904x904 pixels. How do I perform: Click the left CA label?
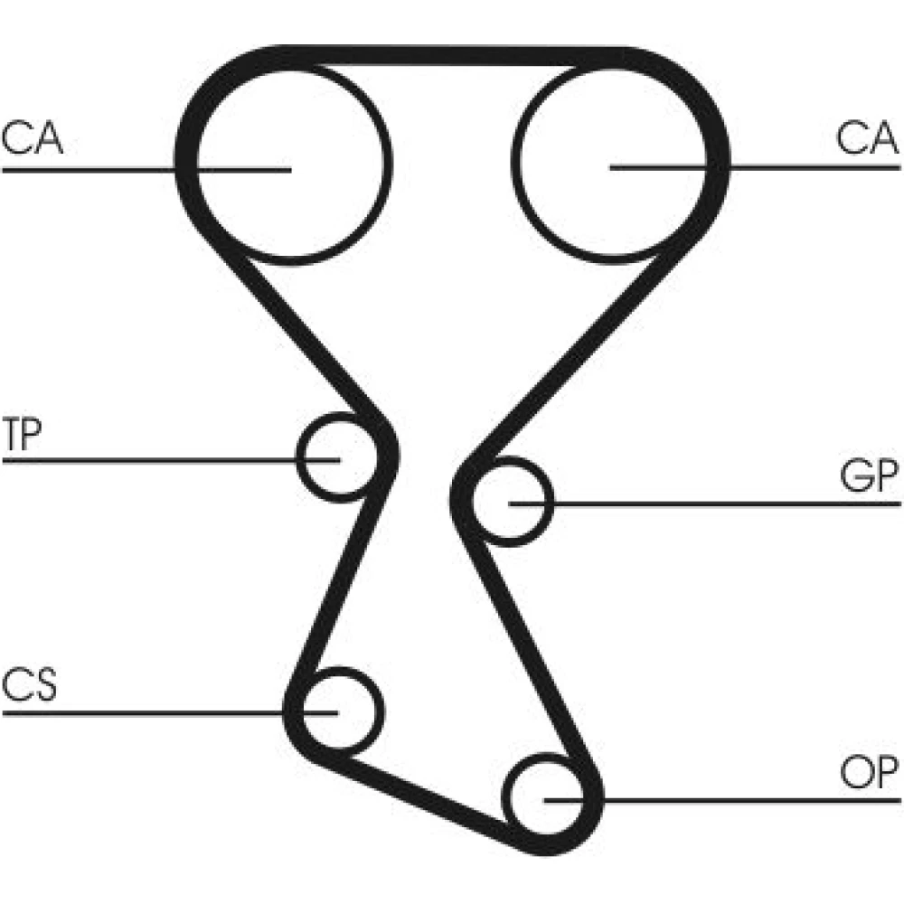point(32,137)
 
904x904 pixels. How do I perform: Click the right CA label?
point(867,137)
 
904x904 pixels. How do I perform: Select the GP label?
point(869,476)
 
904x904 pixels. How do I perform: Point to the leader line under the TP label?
point(171,460)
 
